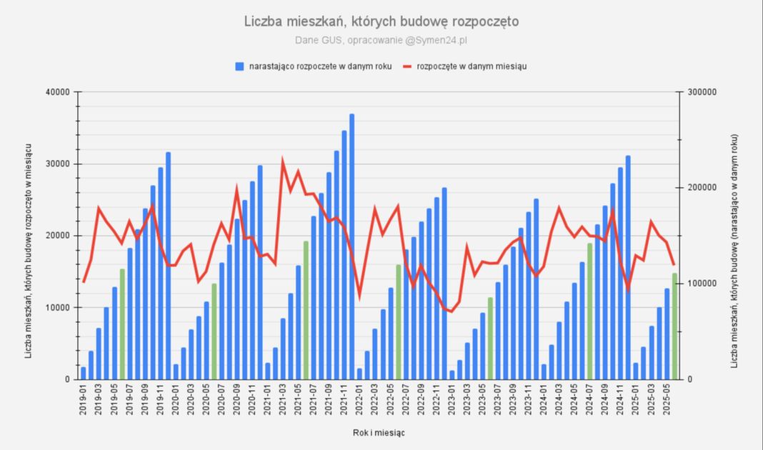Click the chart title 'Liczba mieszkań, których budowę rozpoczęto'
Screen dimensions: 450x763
pyautogui.click(x=381, y=21)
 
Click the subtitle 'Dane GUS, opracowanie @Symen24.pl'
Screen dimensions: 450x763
pyautogui.click(x=381, y=39)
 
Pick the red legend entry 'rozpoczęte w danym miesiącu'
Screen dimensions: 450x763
pyautogui.click(x=464, y=66)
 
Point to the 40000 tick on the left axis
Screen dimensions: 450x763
pyautogui.click(x=56, y=92)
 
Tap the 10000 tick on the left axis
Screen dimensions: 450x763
pyautogui.click(x=56, y=307)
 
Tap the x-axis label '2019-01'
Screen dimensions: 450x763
pyautogui.click(x=84, y=402)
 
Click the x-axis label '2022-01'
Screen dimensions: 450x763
pyautogui.click(x=359, y=402)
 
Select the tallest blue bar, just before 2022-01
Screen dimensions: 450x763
pyautogui.click(x=351, y=246)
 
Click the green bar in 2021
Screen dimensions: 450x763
pyautogui.click(x=306, y=310)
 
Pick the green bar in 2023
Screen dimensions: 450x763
pyautogui.click(x=490, y=338)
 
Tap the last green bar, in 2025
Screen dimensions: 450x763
pyautogui.click(x=674, y=326)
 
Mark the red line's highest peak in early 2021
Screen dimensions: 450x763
pyautogui.click(x=283, y=161)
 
